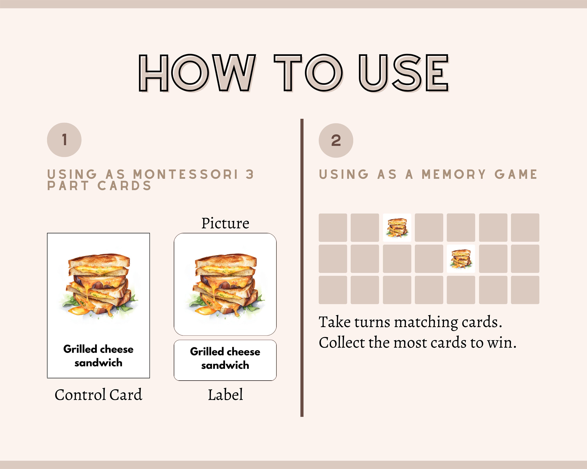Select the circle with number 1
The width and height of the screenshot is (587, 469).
click(x=64, y=140)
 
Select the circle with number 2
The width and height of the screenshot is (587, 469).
click(x=336, y=141)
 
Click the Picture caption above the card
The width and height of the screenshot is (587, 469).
click(x=225, y=224)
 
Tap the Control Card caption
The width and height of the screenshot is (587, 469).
click(x=98, y=395)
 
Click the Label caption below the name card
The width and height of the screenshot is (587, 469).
click(x=225, y=395)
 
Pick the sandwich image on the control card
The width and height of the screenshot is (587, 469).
click(x=98, y=286)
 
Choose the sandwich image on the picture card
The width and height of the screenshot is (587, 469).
click(x=225, y=286)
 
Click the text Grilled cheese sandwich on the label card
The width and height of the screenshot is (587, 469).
click(x=225, y=359)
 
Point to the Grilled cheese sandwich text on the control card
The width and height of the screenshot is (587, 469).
click(x=98, y=356)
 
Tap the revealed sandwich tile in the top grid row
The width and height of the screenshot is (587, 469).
click(x=397, y=228)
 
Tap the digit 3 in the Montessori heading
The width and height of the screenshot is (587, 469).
click(x=249, y=174)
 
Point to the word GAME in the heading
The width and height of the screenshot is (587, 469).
click(x=516, y=174)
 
